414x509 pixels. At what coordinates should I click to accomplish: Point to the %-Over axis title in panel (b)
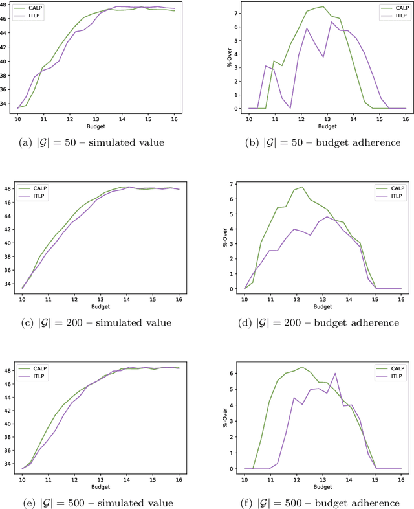pos(229,60)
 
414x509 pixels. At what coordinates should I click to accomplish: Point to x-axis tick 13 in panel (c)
pos(100,299)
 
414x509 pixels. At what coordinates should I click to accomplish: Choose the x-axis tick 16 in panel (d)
pos(400,299)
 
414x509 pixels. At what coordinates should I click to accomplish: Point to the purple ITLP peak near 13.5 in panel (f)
pos(335,373)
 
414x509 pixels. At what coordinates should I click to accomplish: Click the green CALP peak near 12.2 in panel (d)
pos(301,187)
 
